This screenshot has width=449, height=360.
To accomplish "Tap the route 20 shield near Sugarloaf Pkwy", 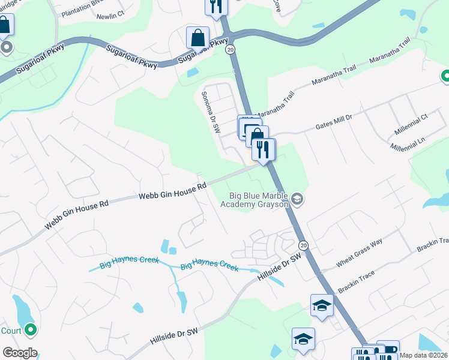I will [231, 50].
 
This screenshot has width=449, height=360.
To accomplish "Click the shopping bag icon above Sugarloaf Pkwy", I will [197, 38].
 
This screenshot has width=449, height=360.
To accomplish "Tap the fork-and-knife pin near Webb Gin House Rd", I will [263, 149].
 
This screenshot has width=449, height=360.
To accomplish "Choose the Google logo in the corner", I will [20, 353].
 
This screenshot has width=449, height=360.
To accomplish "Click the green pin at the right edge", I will [445, 76].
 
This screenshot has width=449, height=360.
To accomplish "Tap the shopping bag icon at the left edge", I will [4, 25].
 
